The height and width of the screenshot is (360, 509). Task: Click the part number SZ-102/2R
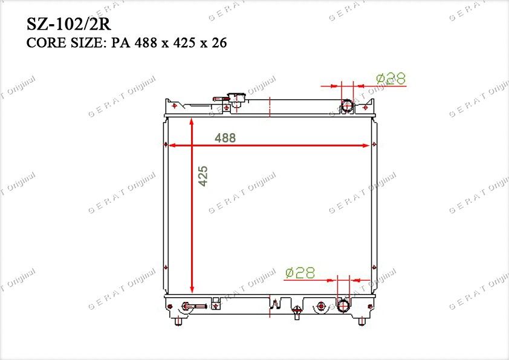[69, 24]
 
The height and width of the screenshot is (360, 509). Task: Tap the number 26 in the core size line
[219, 43]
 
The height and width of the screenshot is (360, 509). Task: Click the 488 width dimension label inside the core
[225, 138]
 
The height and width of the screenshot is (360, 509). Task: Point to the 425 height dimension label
[203, 176]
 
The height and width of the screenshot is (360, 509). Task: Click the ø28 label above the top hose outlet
[391, 79]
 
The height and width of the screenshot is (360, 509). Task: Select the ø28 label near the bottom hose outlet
[300, 273]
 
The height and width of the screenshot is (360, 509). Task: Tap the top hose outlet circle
[347, 106]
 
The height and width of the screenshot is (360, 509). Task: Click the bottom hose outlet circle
[343, 306]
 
